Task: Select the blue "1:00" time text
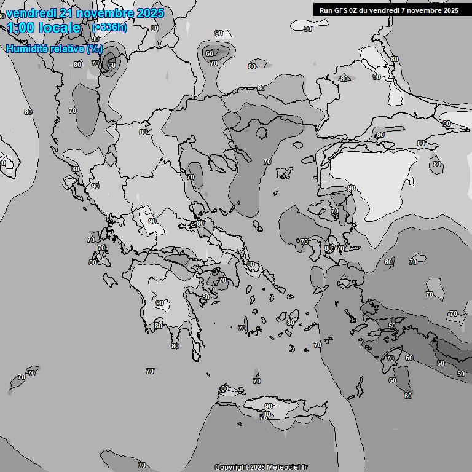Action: coord(22,28)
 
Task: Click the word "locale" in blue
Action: coord(60,28)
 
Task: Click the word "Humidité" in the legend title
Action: coord(26,49)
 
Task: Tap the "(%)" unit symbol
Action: coord(95,49)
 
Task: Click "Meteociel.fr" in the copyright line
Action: coord(287,468)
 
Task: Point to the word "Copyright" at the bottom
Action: coord(232,468)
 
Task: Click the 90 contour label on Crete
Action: coord(269,406)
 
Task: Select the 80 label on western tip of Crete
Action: coord(225,388)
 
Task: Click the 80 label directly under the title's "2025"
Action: coord(154,28)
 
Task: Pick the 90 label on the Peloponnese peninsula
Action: coord(160,303)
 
